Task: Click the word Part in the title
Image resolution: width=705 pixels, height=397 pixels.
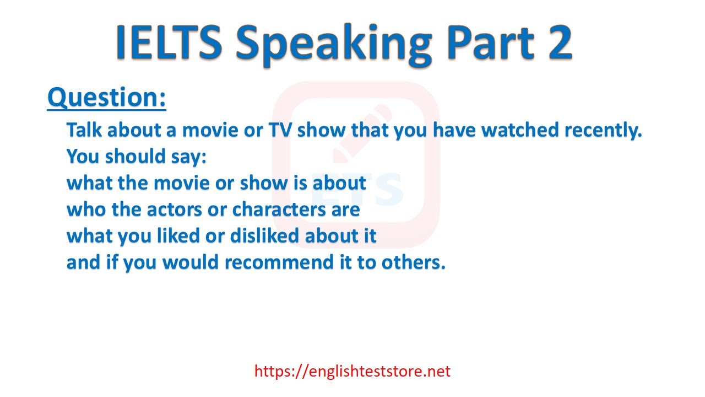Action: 490,42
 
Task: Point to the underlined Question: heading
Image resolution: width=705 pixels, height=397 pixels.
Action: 107,98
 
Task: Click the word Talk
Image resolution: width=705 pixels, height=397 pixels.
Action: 84,130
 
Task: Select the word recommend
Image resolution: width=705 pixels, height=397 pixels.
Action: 279,262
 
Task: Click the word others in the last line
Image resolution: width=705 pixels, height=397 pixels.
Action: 413,262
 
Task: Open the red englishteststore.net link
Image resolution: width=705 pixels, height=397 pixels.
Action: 352,371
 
